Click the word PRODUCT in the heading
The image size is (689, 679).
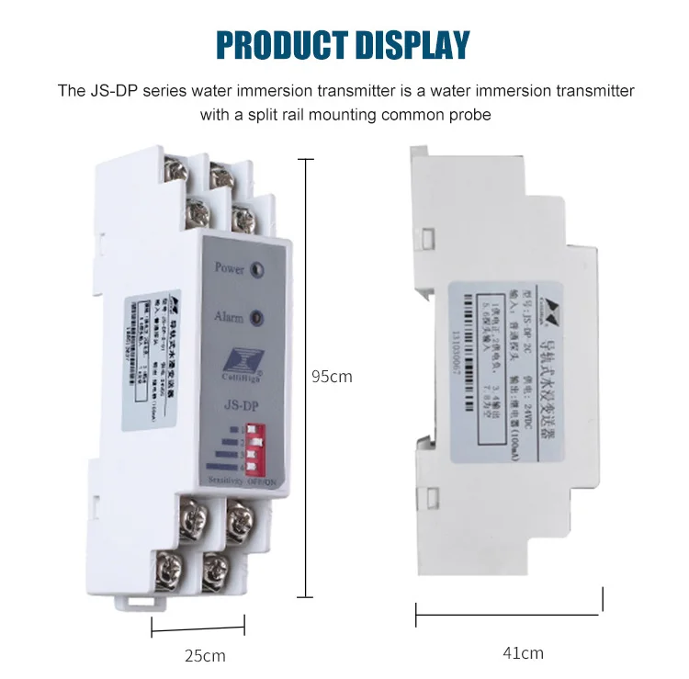278,44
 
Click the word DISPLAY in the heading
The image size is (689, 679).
412,44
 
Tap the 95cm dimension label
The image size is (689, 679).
332,376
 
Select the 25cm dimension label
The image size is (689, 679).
203,655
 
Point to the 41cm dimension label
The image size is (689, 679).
523,653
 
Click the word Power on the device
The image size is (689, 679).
229,268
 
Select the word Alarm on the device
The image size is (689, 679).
229,317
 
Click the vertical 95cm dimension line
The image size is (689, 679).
304,377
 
